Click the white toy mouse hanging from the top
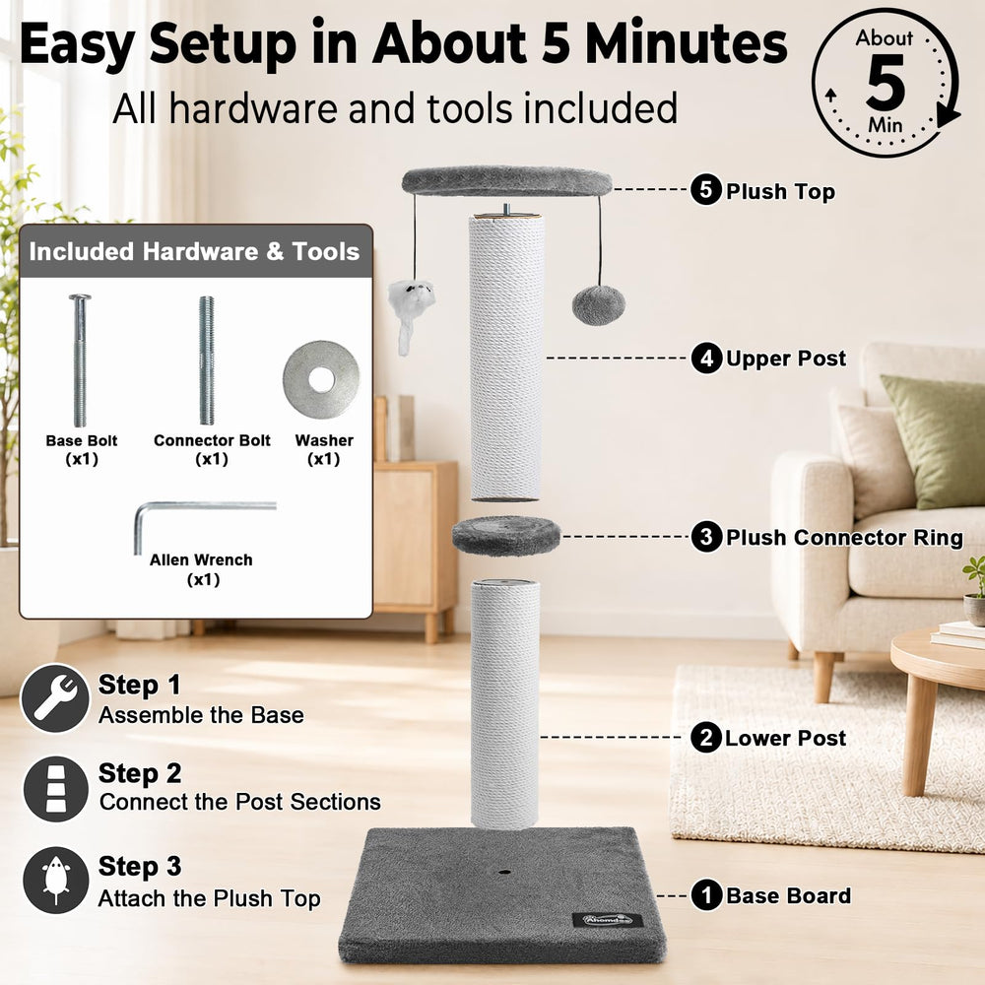(x=409, y=311)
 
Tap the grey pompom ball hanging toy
(x=598, y=305)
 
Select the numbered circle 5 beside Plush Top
(x=706, y=189)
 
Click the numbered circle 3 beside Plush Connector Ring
(x=706, y=537)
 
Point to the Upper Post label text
(x=786, y=359)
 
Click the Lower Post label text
(x=785, y=738)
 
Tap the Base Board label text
(x=788, y=895)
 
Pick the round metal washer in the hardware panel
(x=321, y=379)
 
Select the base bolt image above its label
(x=80, y=360)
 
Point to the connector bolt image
(x=207, y=360)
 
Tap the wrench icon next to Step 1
(x=55, y=698)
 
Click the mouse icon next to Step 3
(x=56, y=880)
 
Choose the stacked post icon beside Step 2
(x=56, y=788)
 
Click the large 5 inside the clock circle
(x=886, y=82)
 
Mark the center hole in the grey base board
(x=503, y=873)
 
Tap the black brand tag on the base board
(x=608, y=920)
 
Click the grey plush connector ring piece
(x=505, y=536)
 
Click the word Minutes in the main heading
(x=686, y=44)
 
